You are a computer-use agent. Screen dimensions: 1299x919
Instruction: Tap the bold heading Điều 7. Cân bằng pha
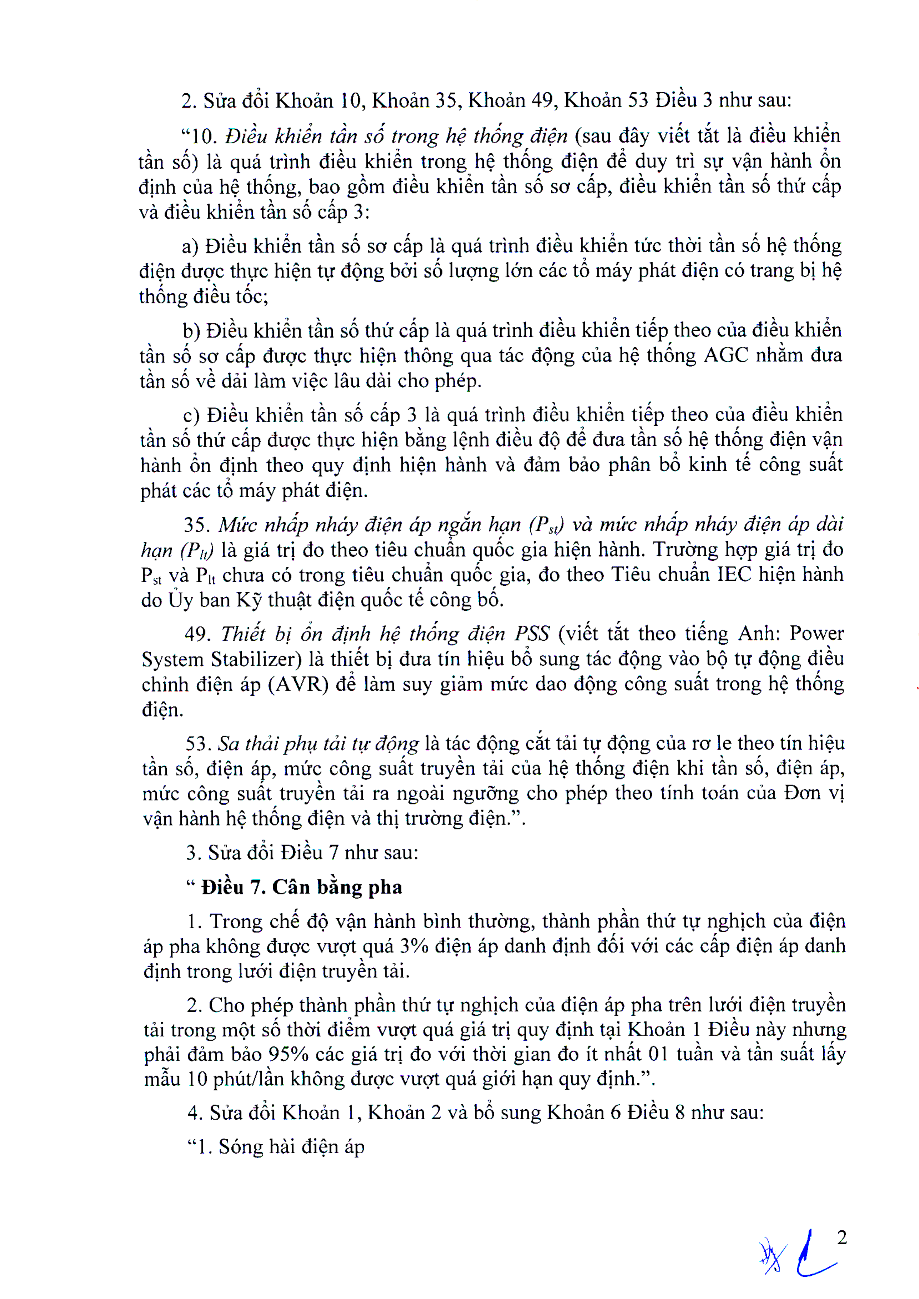coord(301,887)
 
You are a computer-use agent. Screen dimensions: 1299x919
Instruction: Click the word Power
coord(817,633)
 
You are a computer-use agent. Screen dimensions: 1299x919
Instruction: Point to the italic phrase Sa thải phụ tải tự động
coord(318,743)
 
